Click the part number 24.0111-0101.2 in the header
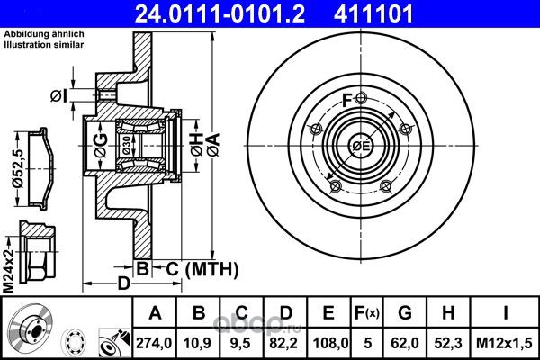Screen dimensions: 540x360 click(x=220, y=13)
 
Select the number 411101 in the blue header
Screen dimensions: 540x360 click(x=373, y=13)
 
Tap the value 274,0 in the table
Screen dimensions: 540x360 click(x=154, y=343)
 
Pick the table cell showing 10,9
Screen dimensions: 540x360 click(x=198, y=343)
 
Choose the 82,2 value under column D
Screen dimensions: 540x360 click(x=285, y=343)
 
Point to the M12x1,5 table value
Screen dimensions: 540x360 click(x=504, y=343)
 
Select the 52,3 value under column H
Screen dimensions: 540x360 click(x=448, y=343)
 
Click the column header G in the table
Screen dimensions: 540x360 click(x=405, y=313)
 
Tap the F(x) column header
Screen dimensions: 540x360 click(x=367, y=313)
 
